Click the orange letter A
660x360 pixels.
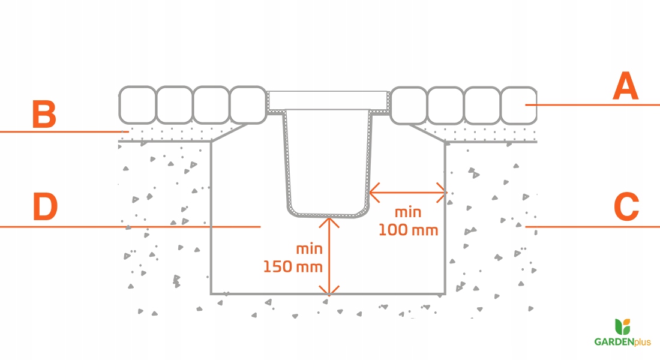point(626,87)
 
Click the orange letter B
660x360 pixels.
point(44,115)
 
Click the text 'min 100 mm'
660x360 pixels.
point(408,221)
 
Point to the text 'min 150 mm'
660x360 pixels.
point(293,257)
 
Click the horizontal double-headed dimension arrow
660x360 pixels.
point(408,193)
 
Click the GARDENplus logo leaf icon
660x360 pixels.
point(623,327)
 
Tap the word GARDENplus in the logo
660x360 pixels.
point(622,341)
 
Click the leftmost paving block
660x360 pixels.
point(137,105)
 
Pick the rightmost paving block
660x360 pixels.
point(518,105)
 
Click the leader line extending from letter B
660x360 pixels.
point(60,131)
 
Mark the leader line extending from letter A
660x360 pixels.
point(594,105)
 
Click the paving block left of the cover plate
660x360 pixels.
point(248,105)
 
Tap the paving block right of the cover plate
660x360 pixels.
point(408,105)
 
